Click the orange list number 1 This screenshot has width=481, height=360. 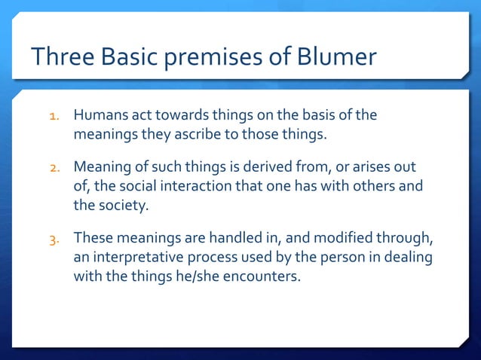[x=54, y=117]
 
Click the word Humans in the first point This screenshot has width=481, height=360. [x=99, y=116]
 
